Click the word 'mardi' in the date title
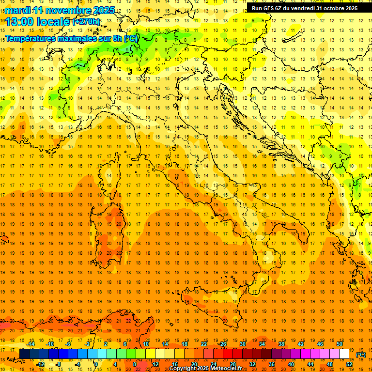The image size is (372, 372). click(17, 10)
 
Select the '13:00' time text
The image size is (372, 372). click(19, 22)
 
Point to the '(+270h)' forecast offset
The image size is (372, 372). click(86, 22)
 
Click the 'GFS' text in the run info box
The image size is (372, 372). click(269, 8)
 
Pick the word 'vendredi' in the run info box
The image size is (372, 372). click(302, 8)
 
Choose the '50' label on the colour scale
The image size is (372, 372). click(339, 344)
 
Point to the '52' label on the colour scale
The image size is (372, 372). click(349, 364)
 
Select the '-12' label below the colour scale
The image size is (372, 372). click(40, 364)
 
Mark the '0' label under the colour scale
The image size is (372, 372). click(96, 364)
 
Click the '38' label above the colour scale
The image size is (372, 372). click(281, 344)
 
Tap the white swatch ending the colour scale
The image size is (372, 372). click(344, 354)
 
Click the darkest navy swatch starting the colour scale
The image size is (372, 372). click(24, 354)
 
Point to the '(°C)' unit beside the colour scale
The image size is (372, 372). click(361, 355)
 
